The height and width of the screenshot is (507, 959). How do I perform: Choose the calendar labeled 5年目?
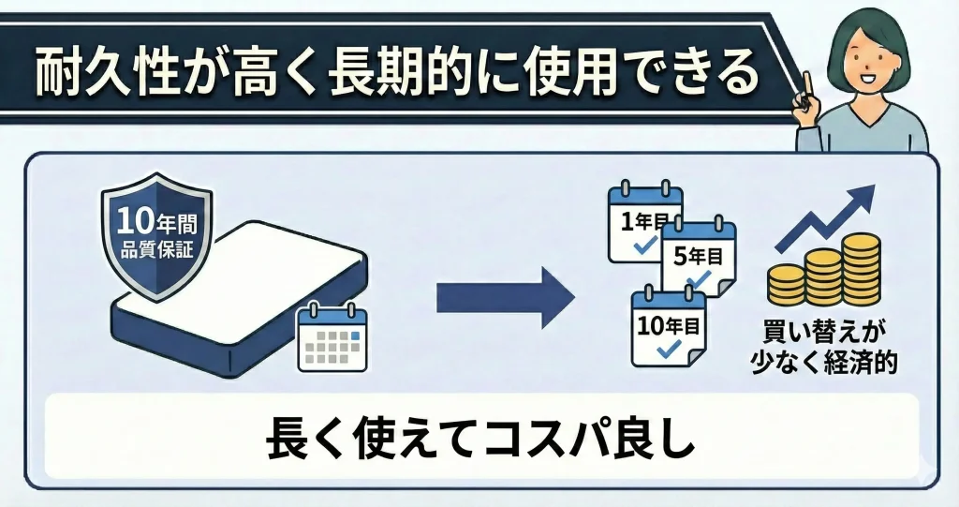[699, 257]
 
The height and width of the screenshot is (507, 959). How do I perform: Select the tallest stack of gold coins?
[861, 268]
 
